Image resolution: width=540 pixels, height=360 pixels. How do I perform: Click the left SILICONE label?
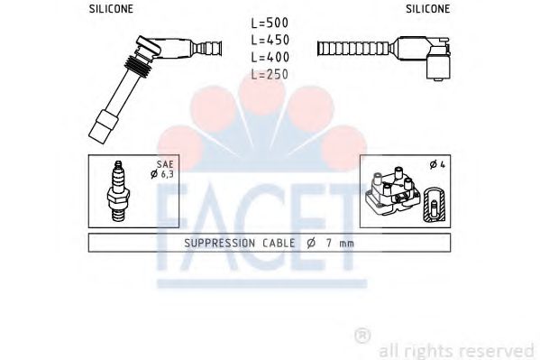tap(111, 9)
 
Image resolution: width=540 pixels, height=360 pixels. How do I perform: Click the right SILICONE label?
tap(427, 9)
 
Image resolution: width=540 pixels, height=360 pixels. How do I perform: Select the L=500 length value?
tap(270, 23)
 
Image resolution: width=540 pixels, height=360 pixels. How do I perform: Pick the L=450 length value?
tap(270, 40)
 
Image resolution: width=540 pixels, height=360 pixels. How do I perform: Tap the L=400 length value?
tap(270, 57)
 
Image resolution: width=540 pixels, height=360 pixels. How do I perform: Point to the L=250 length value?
tap(270, 74)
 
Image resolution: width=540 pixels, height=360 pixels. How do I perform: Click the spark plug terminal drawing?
tap(118, 190)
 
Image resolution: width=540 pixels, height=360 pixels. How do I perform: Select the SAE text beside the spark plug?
tap(165, 164)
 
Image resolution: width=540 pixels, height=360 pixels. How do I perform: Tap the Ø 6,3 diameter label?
tap(162, 174)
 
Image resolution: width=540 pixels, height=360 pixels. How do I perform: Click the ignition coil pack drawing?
tap(393, 190)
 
